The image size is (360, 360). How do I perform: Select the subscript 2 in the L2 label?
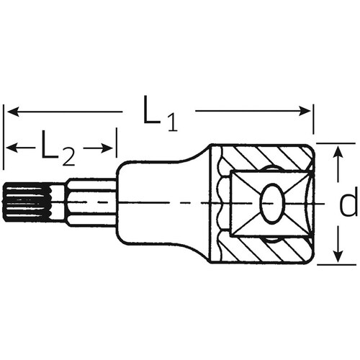click(69, 154)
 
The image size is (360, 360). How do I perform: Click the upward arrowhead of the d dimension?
click(337, 149)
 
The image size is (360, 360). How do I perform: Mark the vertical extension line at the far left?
click(4, 144)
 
